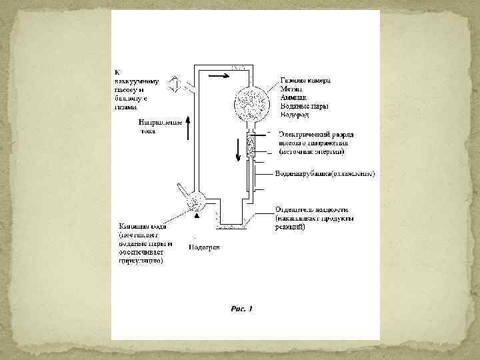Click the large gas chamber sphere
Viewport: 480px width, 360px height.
click(x=252, y=103)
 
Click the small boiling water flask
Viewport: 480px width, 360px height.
click(x=196, y=200)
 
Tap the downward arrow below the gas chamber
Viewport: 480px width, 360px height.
click(x=237, y=152)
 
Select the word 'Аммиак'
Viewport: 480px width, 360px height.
click(x=293, y=97)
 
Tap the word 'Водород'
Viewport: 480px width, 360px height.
click(x=295, y=115)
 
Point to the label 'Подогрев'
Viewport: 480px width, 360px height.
click(x=204, y=247)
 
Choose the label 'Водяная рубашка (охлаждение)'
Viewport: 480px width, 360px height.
click(x=325, y=174)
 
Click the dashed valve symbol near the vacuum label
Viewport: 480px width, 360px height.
click(x=173, y=85)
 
